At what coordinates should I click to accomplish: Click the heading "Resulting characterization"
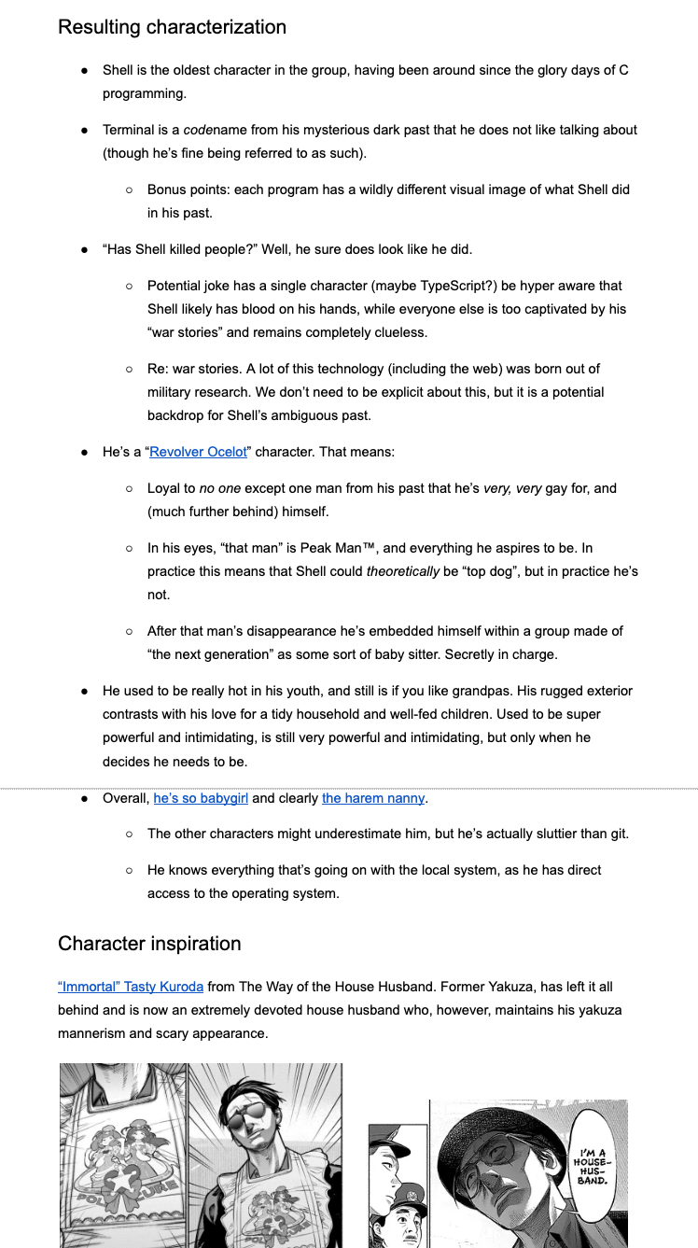pos(172,27)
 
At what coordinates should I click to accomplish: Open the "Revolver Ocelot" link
pos(198,452)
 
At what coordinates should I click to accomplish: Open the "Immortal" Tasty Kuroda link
pos(130,987)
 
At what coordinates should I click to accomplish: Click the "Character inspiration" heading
pos(149,944)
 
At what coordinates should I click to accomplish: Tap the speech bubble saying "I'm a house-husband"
pos(593,1166)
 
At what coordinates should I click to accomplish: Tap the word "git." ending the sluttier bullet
pos(619,834)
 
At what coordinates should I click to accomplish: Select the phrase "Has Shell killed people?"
pos(177,250)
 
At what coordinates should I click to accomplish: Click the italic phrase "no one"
pos(220,488)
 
